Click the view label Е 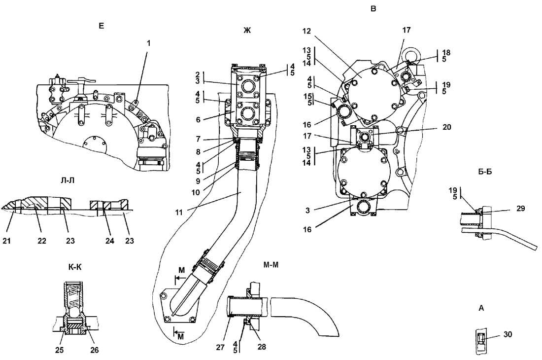101,26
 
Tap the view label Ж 247,31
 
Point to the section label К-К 75,267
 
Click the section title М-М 271,265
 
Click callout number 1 149,43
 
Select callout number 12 306,31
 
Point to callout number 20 446,127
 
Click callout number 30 508,334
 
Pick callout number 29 521,208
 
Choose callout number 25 60,350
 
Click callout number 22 42,241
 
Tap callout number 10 196,192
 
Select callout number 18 446,53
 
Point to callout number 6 198,120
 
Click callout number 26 95,350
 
